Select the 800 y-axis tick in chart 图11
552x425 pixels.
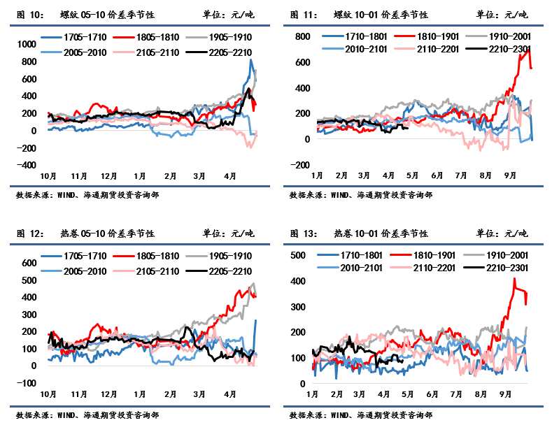coord(302,36)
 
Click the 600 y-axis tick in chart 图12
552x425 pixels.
coord(28,263)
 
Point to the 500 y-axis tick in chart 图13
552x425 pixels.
coord(299,256)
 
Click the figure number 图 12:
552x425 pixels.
coord(29,233)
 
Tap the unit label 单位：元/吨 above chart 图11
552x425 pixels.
coord(502,14)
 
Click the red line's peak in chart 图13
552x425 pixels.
coord(514,278)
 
